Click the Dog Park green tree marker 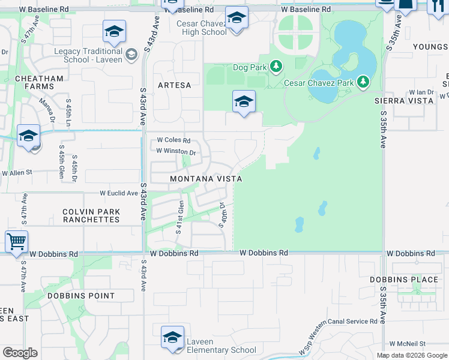point(276,67)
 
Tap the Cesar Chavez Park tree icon point(363,82)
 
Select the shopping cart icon point(16,242)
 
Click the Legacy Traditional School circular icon point(132,56)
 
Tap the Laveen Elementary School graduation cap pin point(172,337)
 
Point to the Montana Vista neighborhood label point(206,179)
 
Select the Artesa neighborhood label point(174,85)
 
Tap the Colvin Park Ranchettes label point(91,215)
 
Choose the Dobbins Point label point(81,296)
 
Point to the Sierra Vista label point(404,101)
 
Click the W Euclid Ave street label point(119,193)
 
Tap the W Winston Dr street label point(176,151)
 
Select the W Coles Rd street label point(173,140)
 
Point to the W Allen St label point(17,173)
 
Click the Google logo point(20,352)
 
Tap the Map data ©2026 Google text point(411,355)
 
